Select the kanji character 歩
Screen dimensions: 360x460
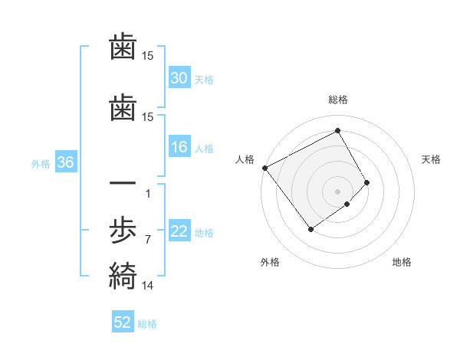point(123,229)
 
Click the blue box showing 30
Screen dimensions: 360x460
point(179,78)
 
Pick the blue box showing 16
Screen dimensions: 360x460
point(179,148)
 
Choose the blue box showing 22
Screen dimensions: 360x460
point(179,232)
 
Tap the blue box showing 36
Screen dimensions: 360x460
point(65,162)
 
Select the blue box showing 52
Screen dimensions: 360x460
point(123,323)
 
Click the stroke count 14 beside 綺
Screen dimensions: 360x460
point(147,286)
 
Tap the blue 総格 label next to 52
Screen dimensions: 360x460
point(147,324)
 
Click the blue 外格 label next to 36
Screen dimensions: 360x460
point(41,163)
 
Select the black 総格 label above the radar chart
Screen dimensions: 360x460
point(337,100)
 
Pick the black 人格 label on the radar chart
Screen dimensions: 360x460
point(245,159)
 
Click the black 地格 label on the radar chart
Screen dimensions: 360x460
point(402,262)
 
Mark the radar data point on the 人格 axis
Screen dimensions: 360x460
point(265,168)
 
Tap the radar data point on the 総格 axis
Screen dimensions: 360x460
point(337,131)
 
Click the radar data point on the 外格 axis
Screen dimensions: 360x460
point(311,228)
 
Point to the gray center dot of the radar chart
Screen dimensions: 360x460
point(337,191)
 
